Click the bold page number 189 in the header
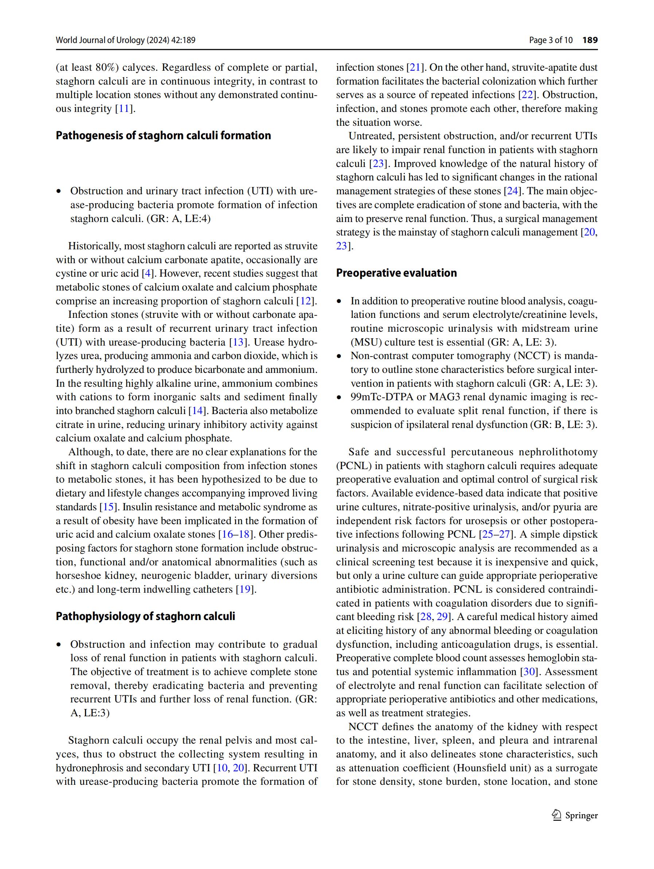589,40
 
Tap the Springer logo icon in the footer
557,815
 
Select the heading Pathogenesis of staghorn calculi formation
163,136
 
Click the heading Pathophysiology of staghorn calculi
145,616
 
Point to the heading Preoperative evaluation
396,273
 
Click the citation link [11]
124,109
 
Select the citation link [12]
305,301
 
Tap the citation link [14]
197,411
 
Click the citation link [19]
245,589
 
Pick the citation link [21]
415,67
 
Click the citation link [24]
513,191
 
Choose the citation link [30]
529,672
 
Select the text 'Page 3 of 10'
551,40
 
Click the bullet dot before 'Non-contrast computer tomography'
340,356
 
